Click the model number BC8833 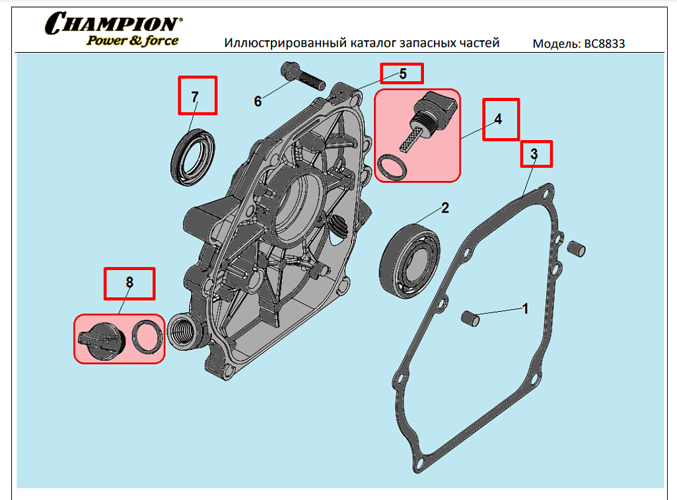602,44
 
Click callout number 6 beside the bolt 258,101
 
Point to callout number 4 498,120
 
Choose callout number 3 534,153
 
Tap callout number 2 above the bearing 445,208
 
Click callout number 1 525,308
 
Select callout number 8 129,283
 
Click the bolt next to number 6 301,75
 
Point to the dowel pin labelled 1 470,318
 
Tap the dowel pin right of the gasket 577,248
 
